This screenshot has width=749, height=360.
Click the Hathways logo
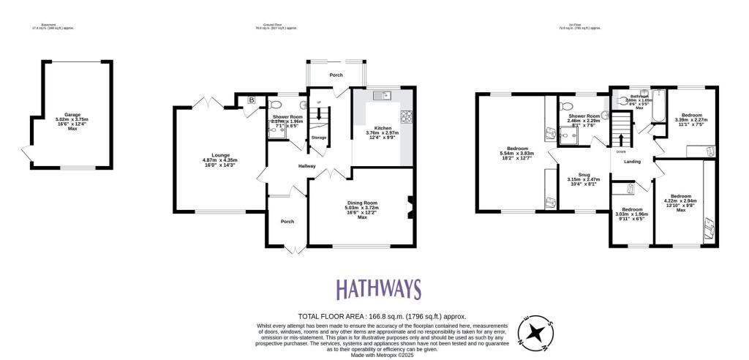[378, 289]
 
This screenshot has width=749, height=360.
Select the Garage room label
[72, 115]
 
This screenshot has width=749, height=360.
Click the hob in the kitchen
[406, 116]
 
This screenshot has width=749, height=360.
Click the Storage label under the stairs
[318, 138]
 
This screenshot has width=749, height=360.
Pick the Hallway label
[307, 166]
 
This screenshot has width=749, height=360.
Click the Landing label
[633, 173]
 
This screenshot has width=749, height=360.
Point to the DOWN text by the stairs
[620, 151]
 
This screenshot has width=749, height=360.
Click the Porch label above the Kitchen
[336, 75]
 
